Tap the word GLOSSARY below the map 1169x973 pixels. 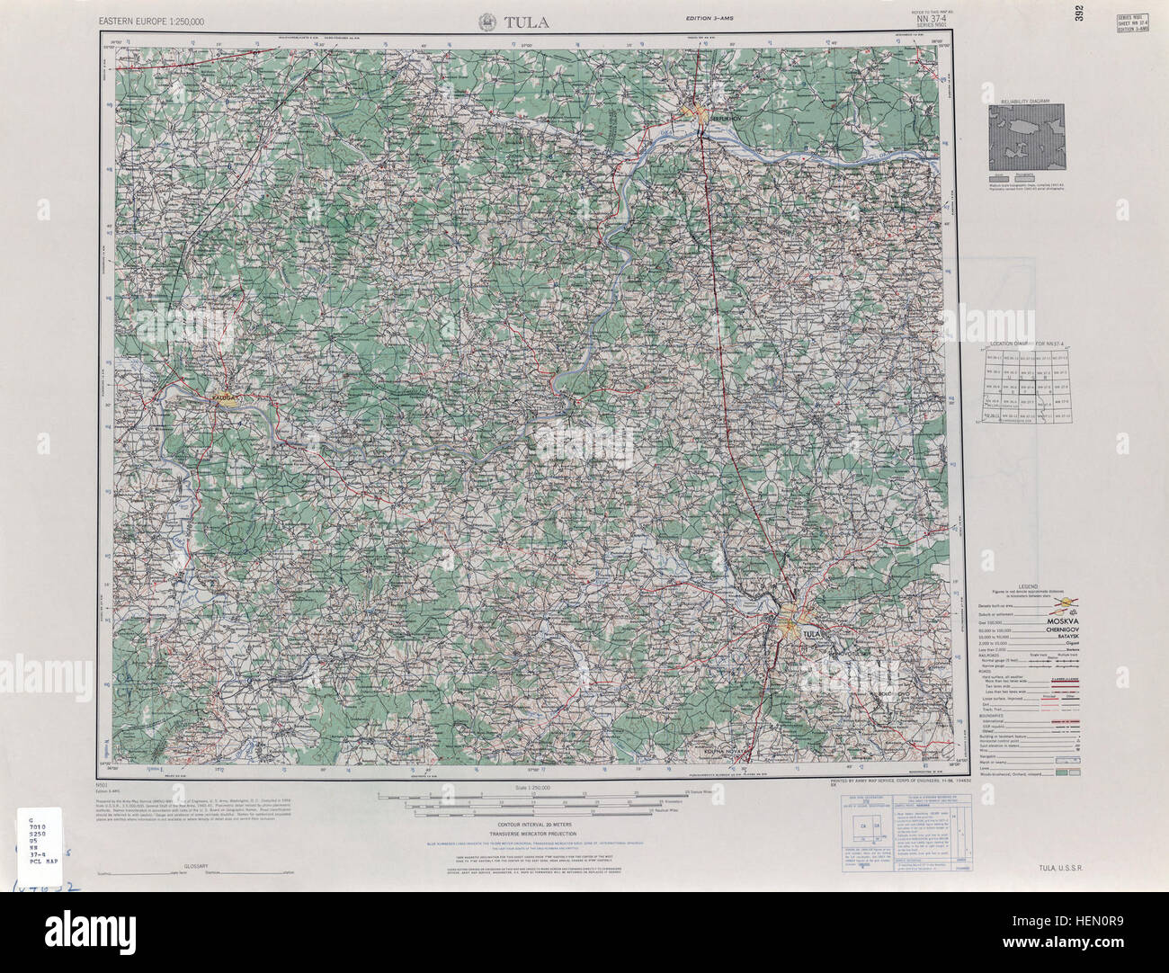click(195, 865)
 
